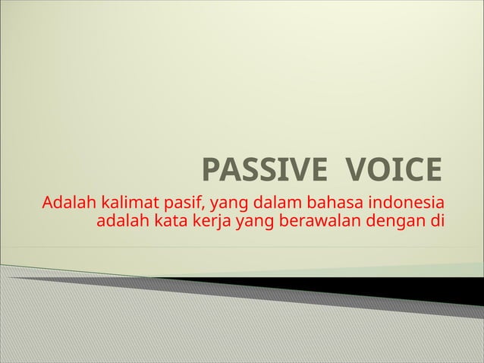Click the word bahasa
pyautogui.click(x=332, y=204)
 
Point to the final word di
pyautogui.click(x=436, y=223)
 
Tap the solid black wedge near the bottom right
pyautogui.click(x=425, y=285)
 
